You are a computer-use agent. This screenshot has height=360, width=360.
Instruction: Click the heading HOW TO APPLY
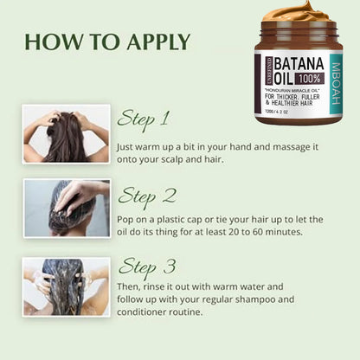pyautogui.click(x=107, y=42)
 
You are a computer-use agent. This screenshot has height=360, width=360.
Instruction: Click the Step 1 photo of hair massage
pyautogui.click(x=67, y=133)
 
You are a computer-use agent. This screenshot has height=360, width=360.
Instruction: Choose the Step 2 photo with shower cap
pyautogui.click(x=67, y=208)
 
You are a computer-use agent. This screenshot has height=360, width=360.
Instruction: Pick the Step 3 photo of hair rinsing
pyautogui.click(x=67, y=286)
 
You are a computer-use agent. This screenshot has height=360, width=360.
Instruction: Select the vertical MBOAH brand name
pyautogui.click(x=336, y=74)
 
